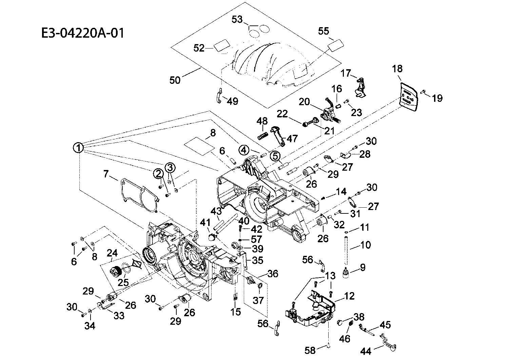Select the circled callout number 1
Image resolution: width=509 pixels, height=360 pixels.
(x=78, y=148)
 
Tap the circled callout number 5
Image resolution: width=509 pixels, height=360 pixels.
(x=275, y=156)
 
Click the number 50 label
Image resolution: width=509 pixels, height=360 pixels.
(x=175, y=80)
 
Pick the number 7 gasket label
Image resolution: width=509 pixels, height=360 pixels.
(x=106, y=174)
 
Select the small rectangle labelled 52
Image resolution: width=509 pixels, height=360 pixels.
(x=221, y=45)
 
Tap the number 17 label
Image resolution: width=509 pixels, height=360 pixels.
(x=346, y=73)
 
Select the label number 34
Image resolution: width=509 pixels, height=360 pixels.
(x=90, y=326)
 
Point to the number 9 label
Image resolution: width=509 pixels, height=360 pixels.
(x=363, y=267)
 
